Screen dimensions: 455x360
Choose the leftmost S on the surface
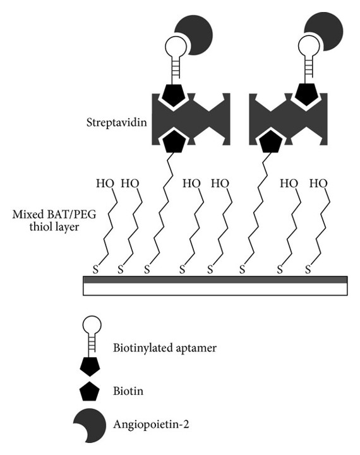97,270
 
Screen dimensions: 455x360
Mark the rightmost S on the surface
308,270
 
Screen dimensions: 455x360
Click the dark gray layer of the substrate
215,279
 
